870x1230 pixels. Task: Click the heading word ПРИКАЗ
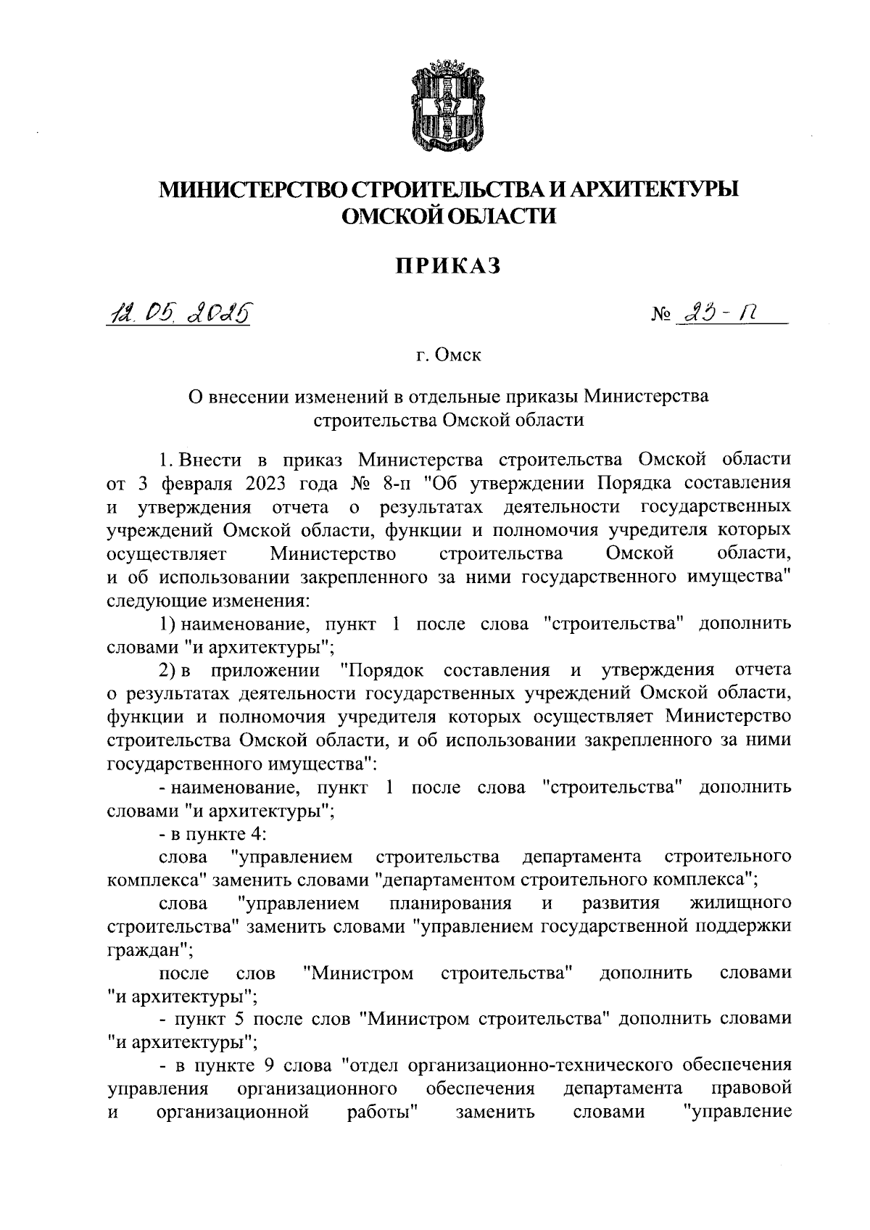click(447, 266)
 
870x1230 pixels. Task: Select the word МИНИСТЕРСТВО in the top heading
click(254, 189)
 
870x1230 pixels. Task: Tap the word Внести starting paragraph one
click(205, 460)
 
